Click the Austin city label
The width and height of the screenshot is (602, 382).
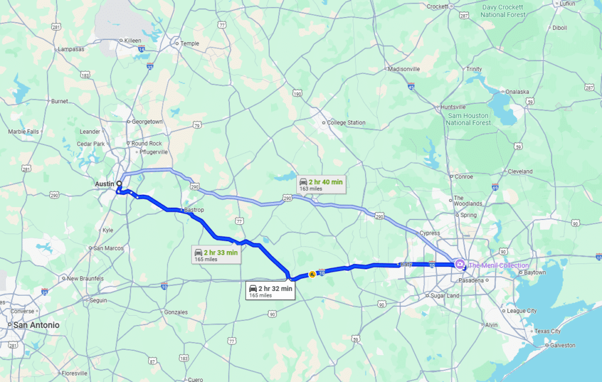(104, 184)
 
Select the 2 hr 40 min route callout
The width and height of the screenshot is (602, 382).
(320, 184)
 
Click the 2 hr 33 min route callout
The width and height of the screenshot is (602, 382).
(217, 255)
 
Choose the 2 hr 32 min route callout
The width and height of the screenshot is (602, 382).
(270, 290)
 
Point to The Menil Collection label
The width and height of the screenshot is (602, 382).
(499, 266)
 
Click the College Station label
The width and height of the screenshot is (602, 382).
(346, 123)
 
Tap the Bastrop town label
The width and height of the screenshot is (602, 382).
(194, 209)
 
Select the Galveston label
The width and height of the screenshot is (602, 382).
(563, 346)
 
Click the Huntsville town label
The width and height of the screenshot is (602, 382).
(453, 107)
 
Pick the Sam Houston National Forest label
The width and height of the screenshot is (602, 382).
(469, 119)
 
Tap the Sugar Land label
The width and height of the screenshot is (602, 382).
(445, 296)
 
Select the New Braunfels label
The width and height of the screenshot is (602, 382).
(85, 278)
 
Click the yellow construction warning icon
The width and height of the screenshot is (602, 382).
(312, 273)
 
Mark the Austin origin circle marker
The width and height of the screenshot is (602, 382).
(119, 184)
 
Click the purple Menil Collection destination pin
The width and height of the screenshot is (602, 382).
(460, 263)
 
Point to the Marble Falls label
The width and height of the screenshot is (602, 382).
(24, 131)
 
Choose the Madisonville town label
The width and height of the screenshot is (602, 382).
(404, 69)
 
